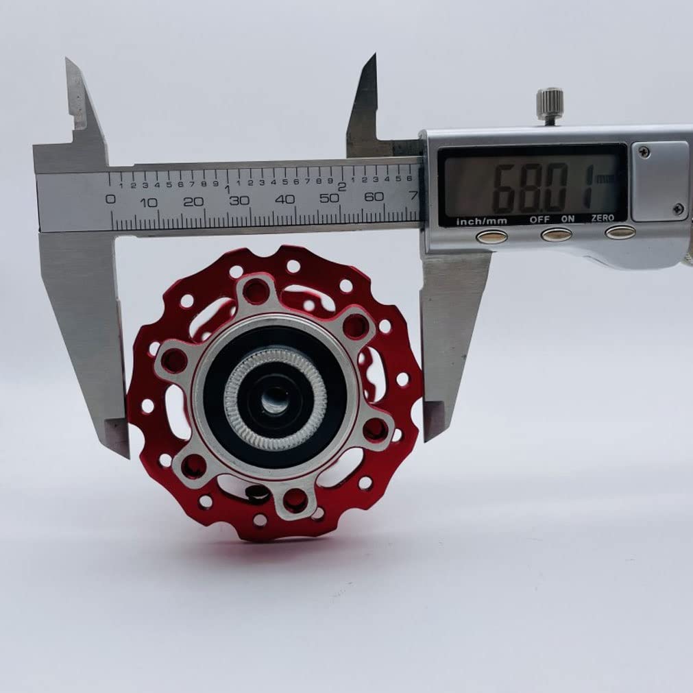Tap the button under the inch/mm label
pyautogui.click(x=491, y=237)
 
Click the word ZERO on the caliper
pyautogui.click(x=603, y=218)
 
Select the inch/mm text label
pyautogui.click(x=481, y=221)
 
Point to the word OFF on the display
pyautogui.click(x=539, y=219)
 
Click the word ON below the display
pyautogui.click(x=568, y=219)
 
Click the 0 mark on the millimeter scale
pyautogui.click(x=110, y=199)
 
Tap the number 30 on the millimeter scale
pyautogui.click(x=239, y=201)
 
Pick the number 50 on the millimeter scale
pyautogui.click(x=329, y=198)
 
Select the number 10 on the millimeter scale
pyautogui.click(x=149, y=203)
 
